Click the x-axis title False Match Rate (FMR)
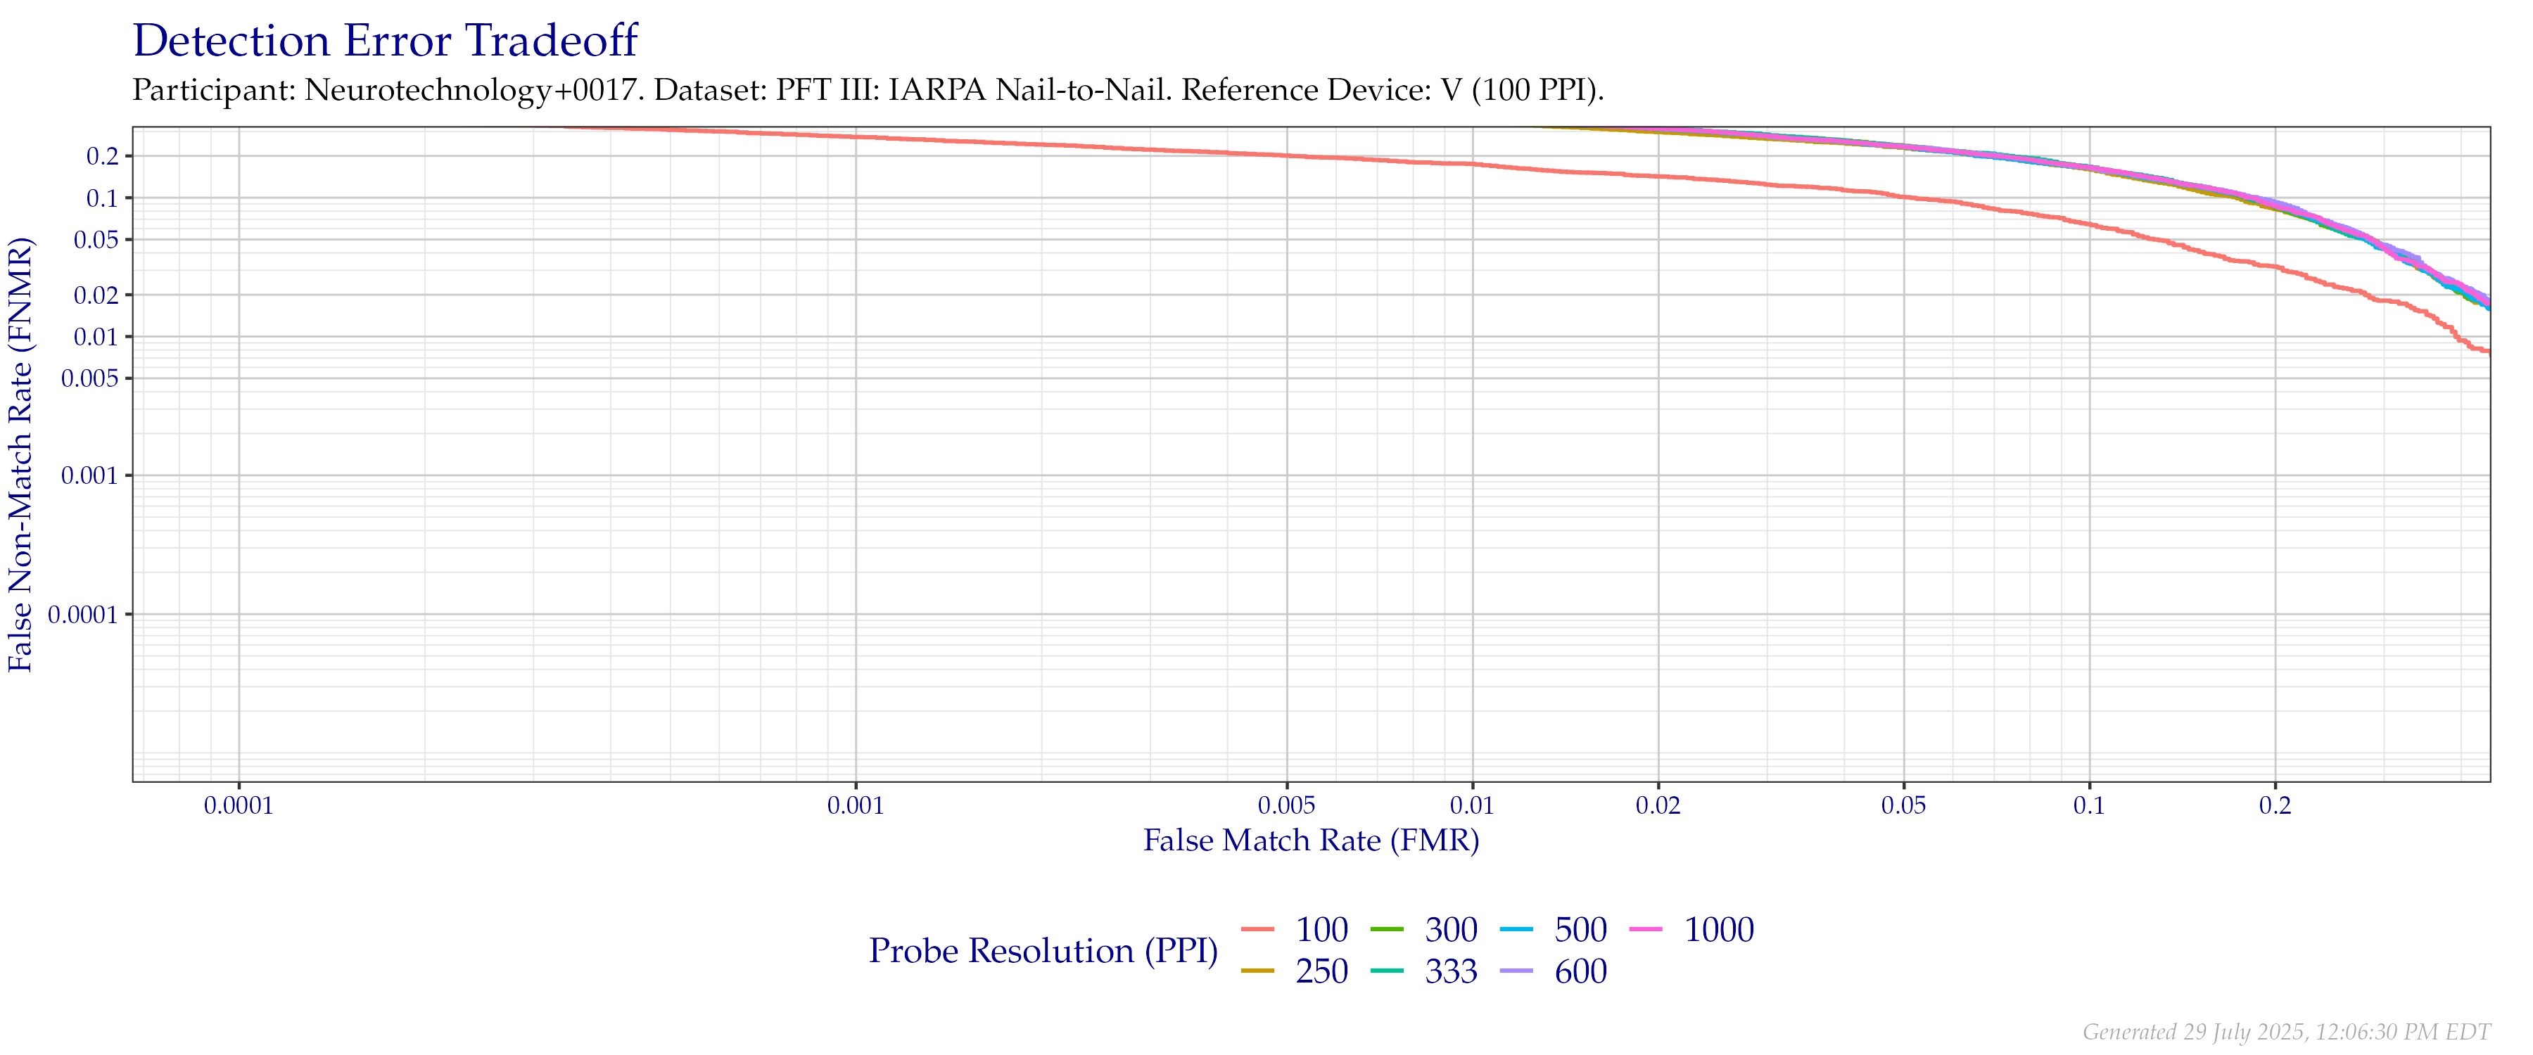point(1311,840)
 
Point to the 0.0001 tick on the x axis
point(239,806)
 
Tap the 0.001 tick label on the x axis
point(856,806)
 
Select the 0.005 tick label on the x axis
point(1286,806)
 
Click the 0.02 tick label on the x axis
point(1658,806)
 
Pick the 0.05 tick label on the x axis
point(1904,806)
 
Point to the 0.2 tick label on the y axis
point(102,156)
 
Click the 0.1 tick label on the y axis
point(102,198)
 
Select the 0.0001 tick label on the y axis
point(82,615)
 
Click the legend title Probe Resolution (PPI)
point(1043,951)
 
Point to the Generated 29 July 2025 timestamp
point(2285,1031)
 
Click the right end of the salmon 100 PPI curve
point(2486,351)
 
